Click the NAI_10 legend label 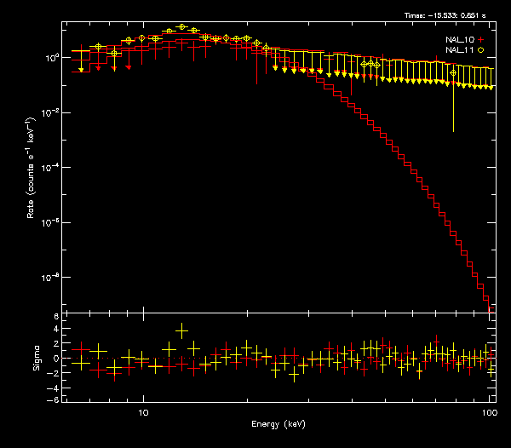(460, 39)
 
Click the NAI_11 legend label (460, 50)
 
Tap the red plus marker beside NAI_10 (481, 39)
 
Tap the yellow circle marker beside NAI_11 (481, 50)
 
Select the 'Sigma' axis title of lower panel (37, 359)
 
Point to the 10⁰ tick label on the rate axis (52, 58)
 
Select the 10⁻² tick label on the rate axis (52, 112)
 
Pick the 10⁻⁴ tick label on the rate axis (52, 168)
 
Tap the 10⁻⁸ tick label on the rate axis (52, 278)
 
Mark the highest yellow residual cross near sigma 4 (181, 330)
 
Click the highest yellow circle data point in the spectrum (182, 27)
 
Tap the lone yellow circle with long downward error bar (453, 73)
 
